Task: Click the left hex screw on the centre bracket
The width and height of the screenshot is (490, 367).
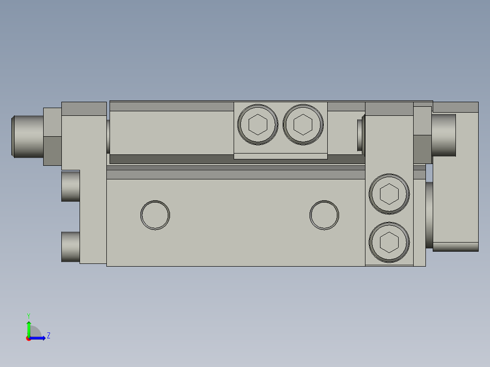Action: [258, 124]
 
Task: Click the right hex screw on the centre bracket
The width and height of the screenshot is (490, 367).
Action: [303, 124]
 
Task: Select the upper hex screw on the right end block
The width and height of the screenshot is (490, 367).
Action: [389, 194]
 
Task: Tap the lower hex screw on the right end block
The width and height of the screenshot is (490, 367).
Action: [389, 242]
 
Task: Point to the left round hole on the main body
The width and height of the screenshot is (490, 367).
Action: [155, 214]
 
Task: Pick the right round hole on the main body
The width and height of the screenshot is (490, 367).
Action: [324, 214]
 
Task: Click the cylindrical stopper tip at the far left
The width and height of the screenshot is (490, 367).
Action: [27, 137]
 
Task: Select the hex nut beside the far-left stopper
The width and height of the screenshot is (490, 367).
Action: [52, 137]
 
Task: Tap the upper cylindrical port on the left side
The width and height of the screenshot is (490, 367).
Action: [70, 186]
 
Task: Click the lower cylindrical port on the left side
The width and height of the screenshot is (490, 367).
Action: [70, 247]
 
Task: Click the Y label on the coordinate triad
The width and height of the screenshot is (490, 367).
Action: [28, 315]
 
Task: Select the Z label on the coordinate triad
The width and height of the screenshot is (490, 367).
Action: [48, 336]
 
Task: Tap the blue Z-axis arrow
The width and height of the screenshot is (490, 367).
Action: [38, 337]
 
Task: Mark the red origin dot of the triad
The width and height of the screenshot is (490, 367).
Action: [29, 338]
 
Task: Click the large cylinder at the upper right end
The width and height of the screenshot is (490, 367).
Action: [444, 135]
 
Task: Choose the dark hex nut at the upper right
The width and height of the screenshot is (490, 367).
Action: [422, 135]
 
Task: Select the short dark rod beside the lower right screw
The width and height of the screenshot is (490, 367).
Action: [429, 215]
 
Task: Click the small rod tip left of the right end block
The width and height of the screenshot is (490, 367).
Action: [361, 135]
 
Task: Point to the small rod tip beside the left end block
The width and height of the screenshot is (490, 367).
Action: [108, 136]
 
